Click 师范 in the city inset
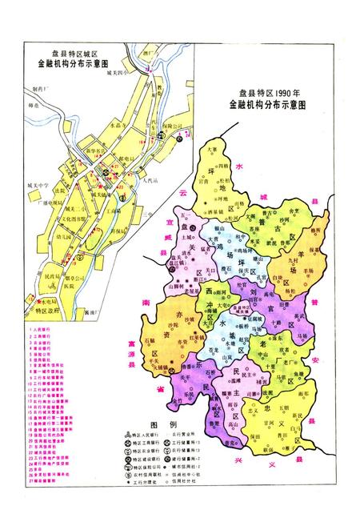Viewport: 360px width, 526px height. pyautogui.click(x=34, y=102)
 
